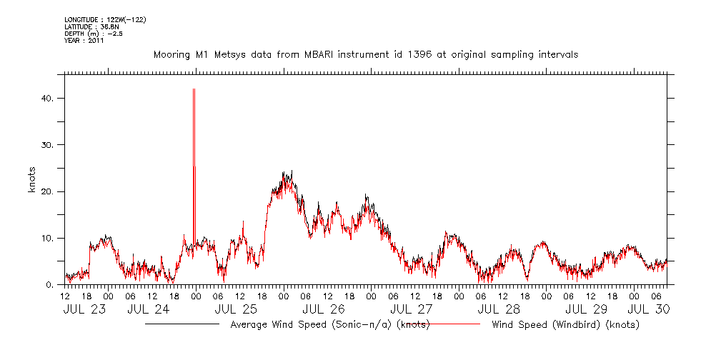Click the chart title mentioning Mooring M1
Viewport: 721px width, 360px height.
click(365, 54)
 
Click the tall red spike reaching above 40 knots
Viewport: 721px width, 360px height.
click(194, 129)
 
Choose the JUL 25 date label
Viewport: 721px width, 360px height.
click(236, 309)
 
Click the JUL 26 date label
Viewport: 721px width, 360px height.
click(324, 309)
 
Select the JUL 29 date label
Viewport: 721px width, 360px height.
click(587, 309)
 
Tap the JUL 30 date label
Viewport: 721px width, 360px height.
click(647, 309)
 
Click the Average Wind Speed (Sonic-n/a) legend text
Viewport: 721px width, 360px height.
click(329, 325)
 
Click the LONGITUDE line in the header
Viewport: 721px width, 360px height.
click(105, 19)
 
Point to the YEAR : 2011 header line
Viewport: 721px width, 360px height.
click(84, 41)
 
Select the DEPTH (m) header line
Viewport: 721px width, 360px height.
click(94, 34)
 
